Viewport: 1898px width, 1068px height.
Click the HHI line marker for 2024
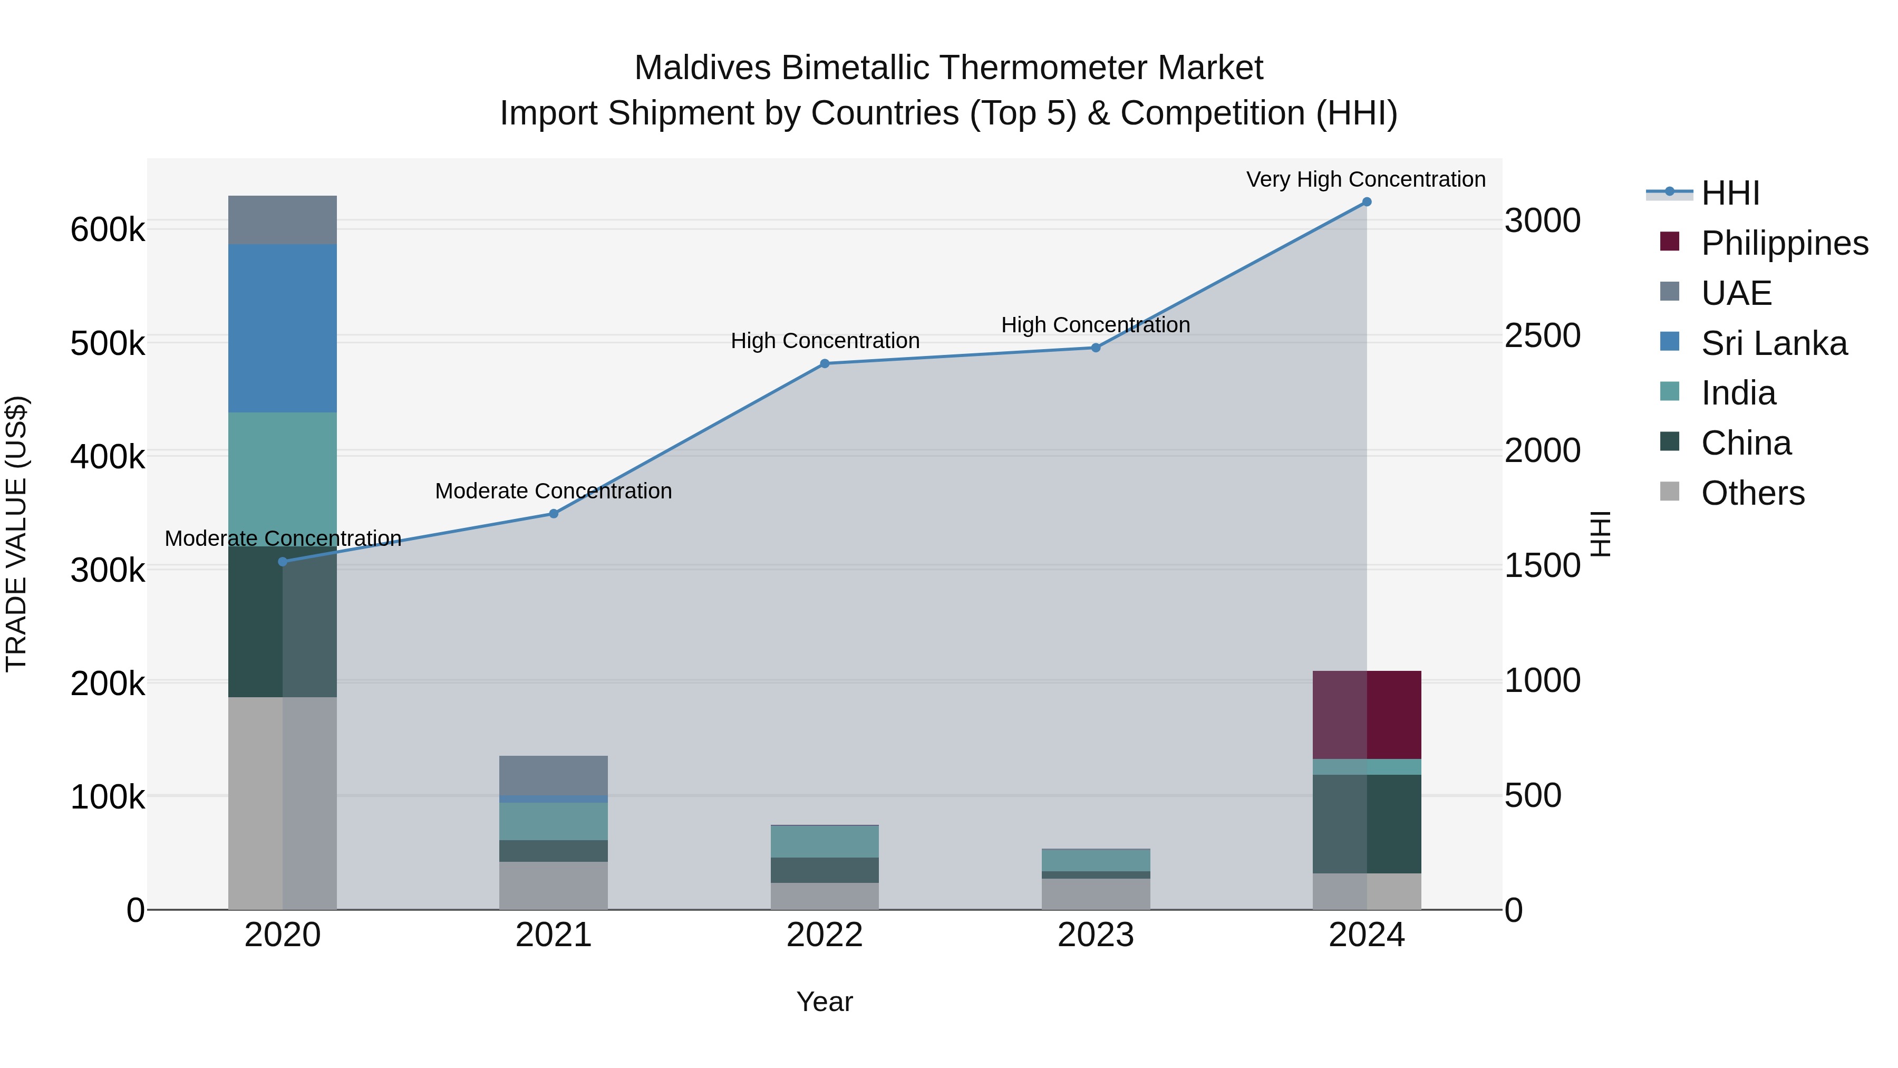coord(1366,202)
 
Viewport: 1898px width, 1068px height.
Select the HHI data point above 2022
coord(825,363)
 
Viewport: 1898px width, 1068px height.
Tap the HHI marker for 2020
coord(283,562)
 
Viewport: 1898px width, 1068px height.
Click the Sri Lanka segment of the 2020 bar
coord(283,328)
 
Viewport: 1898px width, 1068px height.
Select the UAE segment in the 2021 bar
coord(554,775)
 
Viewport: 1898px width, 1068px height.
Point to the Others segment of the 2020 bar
coord(283,803)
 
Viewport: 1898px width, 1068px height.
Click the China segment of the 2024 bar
coord(1366,823)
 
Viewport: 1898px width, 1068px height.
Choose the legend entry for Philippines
coord(1784,243)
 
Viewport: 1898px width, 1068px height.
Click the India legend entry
coord(1738,393)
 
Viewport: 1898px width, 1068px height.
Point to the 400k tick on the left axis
coord(108,457)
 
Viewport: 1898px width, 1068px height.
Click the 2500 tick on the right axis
coord(1542,336)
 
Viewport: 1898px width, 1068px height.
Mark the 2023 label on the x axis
coord(1095,935)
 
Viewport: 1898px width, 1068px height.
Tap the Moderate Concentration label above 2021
coord(554,491)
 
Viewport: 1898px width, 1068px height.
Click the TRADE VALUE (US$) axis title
coord(16,534)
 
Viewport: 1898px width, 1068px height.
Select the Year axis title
coord(825,1002)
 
